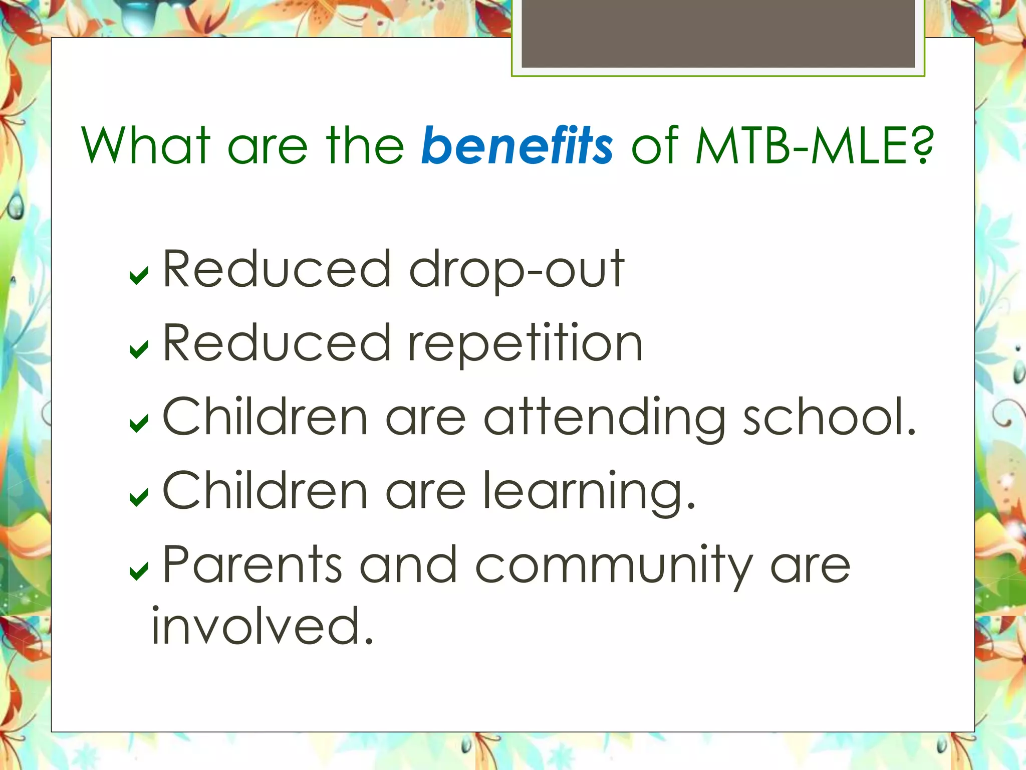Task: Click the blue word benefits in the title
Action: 517,146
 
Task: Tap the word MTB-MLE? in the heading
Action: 815,146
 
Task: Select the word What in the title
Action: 145,146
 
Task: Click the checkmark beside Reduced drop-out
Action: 139,275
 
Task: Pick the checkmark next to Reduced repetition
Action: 139,349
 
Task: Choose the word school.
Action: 829,417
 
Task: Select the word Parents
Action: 252,565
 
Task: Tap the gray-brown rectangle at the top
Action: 718,33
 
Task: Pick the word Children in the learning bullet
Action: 266,491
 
